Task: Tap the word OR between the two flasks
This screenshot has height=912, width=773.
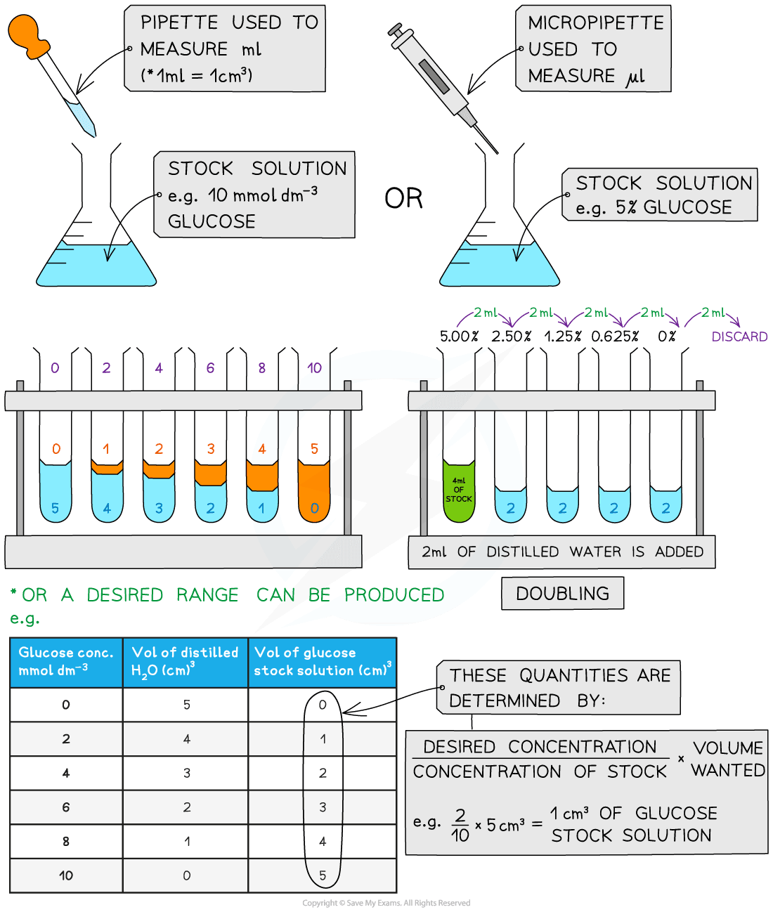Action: pyautogui.click(x=403, y=199)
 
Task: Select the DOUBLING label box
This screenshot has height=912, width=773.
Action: pyautogui.click(x=562, y=594)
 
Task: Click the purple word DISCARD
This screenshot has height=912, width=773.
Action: pyautogui.click(x=739, y=337)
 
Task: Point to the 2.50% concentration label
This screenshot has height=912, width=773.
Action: pyautogui.click(x=511, y=336)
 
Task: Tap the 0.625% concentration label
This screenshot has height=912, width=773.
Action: pyautogui.click(x=615, y=336)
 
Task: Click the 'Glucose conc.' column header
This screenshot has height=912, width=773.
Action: pyautogui.click(x=66, y=661)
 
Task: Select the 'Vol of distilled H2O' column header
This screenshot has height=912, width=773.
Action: pyautogui.click(x=185, y=661)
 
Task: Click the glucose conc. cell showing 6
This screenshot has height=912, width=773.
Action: pyautogui.click(x=66, y=807)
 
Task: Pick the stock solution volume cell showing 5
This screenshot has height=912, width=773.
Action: pyautogui.click(x=323, y=875)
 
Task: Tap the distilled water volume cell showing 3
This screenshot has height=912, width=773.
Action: pyautogui.click(x=187, y=773)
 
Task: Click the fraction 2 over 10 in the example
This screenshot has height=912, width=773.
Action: pyautogui.click(x=460, y=824)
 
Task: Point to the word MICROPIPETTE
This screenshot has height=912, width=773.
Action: pyautogui.click(x=595, y=23)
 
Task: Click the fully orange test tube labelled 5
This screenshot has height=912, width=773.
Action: pyautogui.click(x=314, y=492)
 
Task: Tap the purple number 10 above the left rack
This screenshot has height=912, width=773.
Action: pyautogui.click(x=314, y=367)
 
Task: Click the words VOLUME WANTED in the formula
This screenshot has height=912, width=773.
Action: pyautogui.click(x=727, y=759)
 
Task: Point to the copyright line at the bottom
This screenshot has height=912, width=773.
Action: pyautogui.click(x=386, y=903)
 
